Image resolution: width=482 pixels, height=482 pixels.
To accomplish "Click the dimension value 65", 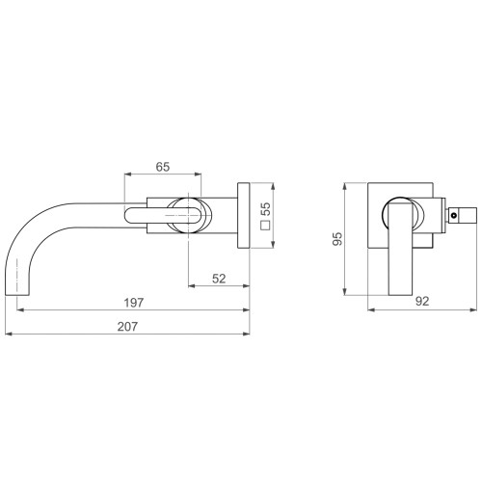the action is point(163,167).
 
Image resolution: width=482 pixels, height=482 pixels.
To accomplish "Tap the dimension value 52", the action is point(219,279).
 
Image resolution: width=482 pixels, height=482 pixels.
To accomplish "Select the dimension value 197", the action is point(134,303).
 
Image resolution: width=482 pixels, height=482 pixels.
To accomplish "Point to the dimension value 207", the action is point(127,327).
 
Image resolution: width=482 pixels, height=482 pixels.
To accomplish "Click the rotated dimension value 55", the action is point(265,209).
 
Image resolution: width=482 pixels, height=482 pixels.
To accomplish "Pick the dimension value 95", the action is point(337,239).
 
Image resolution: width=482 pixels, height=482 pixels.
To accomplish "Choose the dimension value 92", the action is point(422,301).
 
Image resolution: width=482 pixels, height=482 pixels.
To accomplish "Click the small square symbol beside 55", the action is point(265,226).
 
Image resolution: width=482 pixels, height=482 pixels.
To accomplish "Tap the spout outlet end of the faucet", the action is point(17,294).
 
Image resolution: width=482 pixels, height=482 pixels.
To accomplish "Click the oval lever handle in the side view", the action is point(163,215).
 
